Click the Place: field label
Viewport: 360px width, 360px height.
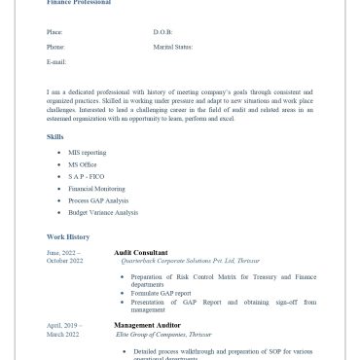pyautogui.click(x=54, y=32)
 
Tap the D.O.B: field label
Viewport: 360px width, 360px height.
pyautogui.click(x=162, y=32)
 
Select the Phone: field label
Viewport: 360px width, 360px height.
pyautogui.click(x=55, y=47)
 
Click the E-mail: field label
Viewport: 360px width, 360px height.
pyautogui.click(x=56, y=61)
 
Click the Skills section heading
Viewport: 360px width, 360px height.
pyautogui.click(x=55, y=137)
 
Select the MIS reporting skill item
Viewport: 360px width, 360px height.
pyautogui.click(x=87, y=153)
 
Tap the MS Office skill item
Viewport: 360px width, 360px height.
pyautogui.click(x=83, y=164)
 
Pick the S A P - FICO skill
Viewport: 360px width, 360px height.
pyautogui.click(x=87, y=176)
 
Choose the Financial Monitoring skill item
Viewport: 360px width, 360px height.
pyautogui.click(x=96, y=189)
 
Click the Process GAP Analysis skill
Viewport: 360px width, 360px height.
pyautogui.click(x=98, y=200)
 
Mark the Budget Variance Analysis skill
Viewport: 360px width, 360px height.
pyautogui.click(x=103, y=212)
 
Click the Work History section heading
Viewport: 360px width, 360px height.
pyautogui.click(x=68, y=236)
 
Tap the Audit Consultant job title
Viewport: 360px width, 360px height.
pyautogui.click(x=140, y=252)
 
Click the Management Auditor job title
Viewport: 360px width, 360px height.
pyautogui.click(x=146, y=325)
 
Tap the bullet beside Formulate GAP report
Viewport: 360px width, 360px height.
pyautogui.click(x=123, y=293)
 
